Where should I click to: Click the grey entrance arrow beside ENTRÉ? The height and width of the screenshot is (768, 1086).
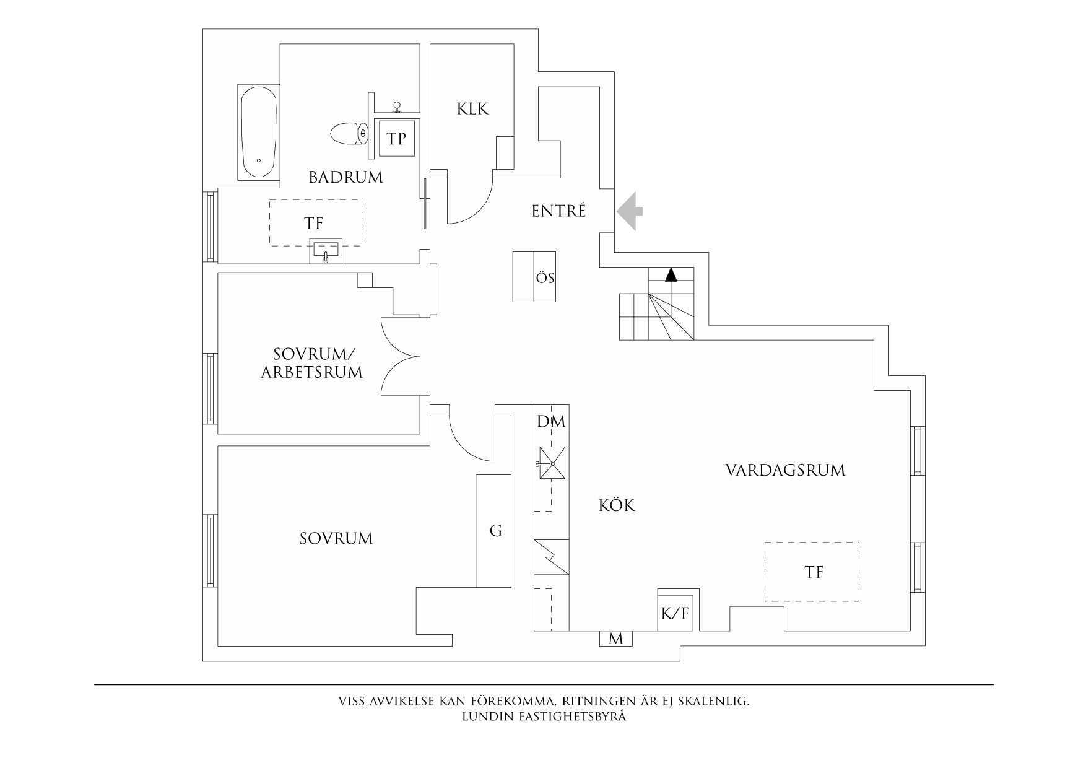pos(630,211)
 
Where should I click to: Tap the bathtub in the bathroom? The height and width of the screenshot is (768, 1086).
pos(258,133)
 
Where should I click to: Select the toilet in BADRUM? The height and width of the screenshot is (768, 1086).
pos(349,133)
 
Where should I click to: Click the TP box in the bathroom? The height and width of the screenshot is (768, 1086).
pos(397,138)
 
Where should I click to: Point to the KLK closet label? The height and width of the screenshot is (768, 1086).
pos(472,109)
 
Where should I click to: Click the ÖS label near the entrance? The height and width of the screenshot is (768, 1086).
pos(545,278)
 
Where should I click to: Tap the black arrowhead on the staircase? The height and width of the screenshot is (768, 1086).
pos(671,274)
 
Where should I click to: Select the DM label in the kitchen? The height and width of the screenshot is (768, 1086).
pos(551,422)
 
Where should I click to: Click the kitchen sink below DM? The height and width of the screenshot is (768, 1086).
pos(551,463)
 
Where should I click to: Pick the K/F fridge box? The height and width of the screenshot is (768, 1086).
pos(675,614)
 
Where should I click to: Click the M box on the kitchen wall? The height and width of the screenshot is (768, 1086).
pos(615,639)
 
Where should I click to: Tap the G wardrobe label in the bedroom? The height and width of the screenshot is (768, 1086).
pos(495,531)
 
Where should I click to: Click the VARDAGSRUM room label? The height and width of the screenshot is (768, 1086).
pos(785,470)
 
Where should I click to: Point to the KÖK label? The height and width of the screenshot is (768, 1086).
pos(617,506)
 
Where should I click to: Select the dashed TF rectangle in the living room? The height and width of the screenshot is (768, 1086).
pos(812,572)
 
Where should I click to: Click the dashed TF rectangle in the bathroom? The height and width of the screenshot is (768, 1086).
pos(315,222)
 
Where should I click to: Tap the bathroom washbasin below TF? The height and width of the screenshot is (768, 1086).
pos(326,251)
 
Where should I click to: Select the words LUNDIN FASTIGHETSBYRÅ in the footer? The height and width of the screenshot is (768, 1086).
pos(544,717)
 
